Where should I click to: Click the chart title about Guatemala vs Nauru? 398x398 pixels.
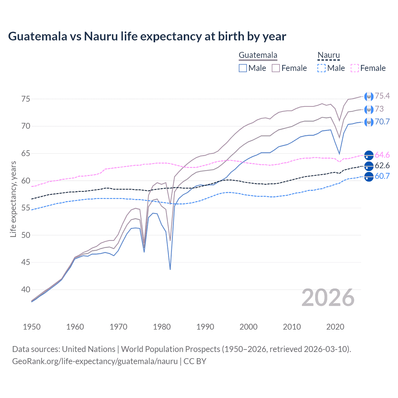[x=147, y=36]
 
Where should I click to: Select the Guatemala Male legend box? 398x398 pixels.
[x=243, y=68]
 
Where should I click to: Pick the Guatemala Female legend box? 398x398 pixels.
[x=276, y=68]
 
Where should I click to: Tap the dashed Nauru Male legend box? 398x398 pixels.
[x=322, y=68]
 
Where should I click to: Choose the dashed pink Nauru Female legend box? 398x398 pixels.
[x=355, y=68]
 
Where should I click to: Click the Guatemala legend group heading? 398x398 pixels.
[x=258, y=55]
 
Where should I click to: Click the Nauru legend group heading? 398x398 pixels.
[x=328, y=55]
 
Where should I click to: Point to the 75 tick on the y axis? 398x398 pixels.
[x=26, y=99]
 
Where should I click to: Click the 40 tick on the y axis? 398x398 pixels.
[x=26, y=289]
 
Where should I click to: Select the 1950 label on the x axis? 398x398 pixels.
[x=32, y=327]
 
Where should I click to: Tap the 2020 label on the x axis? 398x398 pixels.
[x=335, y=327]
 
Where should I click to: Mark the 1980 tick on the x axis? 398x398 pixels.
[x=162, y=327]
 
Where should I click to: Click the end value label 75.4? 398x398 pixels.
[x=382, y=96]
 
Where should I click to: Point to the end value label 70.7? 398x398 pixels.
[x=382, y=122]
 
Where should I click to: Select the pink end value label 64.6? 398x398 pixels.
[x=382, y=155]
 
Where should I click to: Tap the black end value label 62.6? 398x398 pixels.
[x=382, y=165]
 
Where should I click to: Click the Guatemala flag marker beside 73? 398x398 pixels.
[x=369, y=109]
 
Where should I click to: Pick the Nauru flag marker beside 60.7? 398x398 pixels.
[x=369, y=177]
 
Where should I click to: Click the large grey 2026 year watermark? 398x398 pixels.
[x=328, y=298]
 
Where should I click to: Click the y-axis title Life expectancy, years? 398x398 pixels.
[x=13, y=199]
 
